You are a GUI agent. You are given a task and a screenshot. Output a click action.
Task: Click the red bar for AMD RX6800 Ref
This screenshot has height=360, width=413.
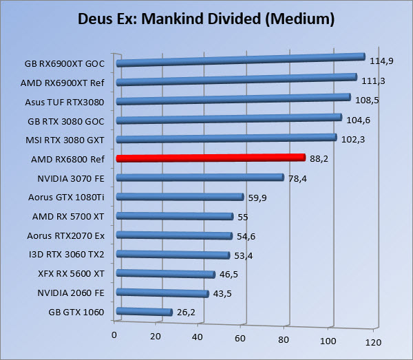click(210, 158)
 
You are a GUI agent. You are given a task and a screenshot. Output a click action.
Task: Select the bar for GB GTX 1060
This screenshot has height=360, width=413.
click(144, 311)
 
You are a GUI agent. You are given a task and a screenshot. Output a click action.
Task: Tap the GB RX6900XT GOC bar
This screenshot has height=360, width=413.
click(240, 60)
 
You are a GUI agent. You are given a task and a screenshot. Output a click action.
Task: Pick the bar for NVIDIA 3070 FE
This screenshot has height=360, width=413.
click(200, 177)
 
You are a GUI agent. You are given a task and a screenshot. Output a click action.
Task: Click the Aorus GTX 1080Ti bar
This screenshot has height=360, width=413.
click(180, 196)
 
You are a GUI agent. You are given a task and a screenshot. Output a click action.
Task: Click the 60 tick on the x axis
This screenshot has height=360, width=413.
click(241, 338)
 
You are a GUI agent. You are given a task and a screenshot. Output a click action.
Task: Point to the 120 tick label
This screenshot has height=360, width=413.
click(372, 342)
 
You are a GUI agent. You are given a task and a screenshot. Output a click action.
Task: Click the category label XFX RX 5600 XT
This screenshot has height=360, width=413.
click(72, 273)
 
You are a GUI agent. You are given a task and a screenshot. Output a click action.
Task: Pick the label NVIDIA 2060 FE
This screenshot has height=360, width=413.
click(70, 292)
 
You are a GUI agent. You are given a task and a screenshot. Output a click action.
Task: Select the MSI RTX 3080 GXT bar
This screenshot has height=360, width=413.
click(226, 138)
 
